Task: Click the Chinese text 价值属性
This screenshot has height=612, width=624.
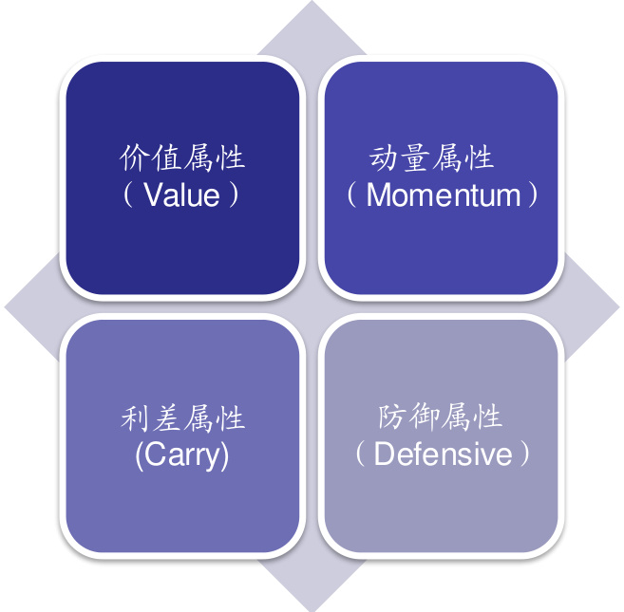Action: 182,157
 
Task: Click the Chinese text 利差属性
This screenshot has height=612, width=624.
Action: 182,417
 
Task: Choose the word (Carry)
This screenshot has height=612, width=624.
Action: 182,454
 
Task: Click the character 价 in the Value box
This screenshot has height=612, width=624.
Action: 135,157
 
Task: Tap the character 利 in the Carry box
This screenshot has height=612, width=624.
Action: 135,417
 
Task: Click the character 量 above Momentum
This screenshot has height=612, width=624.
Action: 425,157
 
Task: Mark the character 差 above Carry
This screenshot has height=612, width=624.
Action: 166,417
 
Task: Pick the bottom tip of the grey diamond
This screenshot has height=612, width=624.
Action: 312,607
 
